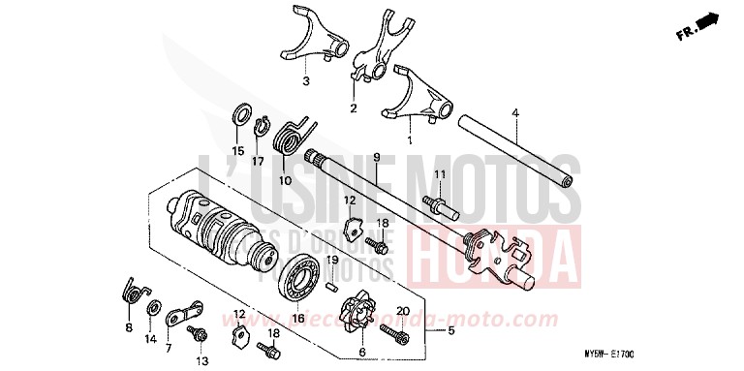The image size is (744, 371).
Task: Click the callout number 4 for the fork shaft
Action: point(516,114)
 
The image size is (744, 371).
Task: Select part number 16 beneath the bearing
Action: point(298,319)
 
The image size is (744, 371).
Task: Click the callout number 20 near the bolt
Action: point(402,312)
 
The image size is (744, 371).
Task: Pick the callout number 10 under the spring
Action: point(284,180)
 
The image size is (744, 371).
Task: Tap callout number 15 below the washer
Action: point(238,150)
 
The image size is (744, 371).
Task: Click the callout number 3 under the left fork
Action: point(305,81)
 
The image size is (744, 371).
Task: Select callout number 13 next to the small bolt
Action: point(203,361)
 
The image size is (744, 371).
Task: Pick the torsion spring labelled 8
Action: point(133,291)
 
